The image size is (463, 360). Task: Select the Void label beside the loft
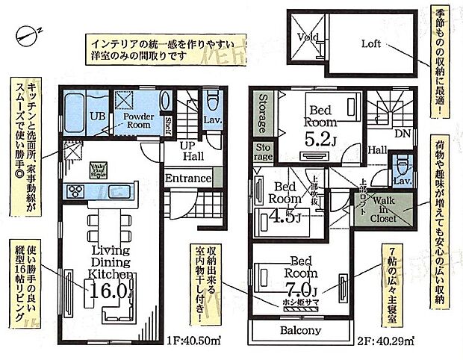coord(307,37)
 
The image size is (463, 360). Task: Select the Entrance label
coord(188,179)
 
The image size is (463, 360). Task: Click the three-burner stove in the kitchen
coord(77,190)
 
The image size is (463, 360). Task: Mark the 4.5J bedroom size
coord(286,218)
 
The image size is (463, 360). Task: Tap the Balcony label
coord(301,330)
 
